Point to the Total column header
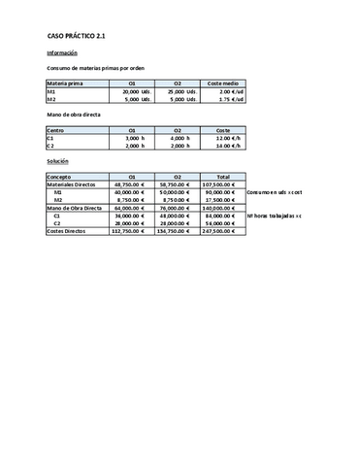223,178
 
